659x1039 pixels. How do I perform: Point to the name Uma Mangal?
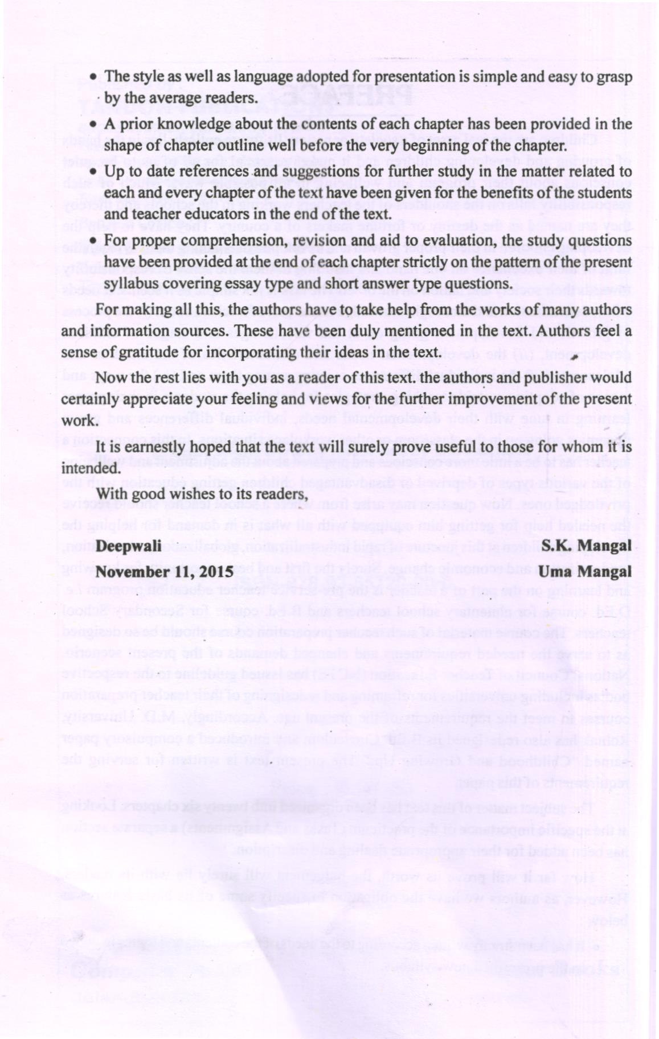[586, 571]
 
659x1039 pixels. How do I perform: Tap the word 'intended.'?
[91, 469]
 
